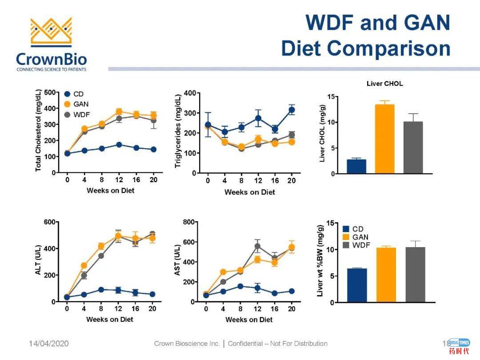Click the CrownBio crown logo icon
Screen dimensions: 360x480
51,32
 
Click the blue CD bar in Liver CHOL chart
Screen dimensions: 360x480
356,166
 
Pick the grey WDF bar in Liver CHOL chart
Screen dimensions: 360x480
413,147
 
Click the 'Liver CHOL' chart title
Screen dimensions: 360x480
384,84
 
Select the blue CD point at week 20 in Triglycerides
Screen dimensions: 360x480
292,110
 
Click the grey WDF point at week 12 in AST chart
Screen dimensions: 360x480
257,246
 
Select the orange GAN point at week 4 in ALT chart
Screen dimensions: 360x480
84,266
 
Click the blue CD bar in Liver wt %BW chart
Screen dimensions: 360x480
357,285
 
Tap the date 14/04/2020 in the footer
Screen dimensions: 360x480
49,344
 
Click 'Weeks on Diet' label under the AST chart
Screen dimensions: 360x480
249,320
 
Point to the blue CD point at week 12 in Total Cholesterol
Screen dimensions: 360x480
119,145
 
